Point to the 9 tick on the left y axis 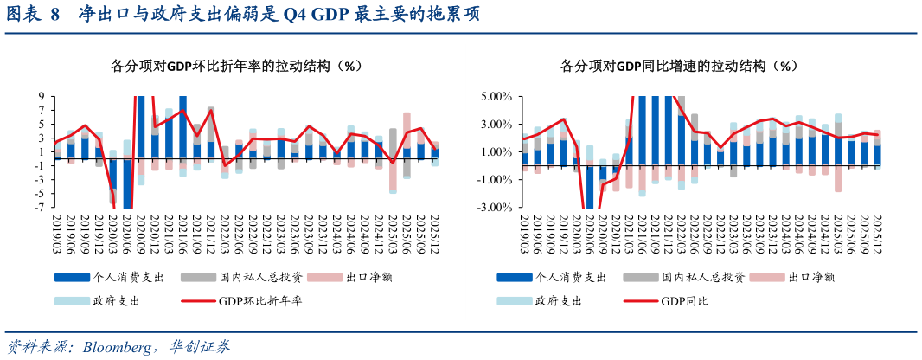41,97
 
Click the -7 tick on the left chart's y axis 39,208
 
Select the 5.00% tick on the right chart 496,97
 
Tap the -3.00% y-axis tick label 494,208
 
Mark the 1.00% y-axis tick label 496,152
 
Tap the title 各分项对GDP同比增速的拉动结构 677,66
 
